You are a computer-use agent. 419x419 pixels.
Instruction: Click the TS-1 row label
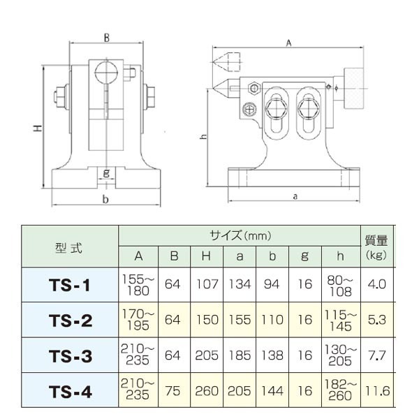click(70, 285)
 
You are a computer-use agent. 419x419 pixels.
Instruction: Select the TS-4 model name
click(70, 391)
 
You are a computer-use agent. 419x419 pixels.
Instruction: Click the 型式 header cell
click(70, 247)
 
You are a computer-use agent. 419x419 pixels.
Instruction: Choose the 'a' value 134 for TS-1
click(240, 285)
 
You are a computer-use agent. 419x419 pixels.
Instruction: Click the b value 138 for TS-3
click(272, 355)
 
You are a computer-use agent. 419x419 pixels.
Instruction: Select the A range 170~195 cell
click(138, 320)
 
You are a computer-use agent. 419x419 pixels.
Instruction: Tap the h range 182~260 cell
click(339, 391)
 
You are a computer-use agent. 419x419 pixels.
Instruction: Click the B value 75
click(174, 391)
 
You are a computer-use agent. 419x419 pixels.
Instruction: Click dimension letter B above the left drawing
click(105, 38)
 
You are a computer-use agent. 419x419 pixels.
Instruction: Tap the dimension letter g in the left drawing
click(105, 172)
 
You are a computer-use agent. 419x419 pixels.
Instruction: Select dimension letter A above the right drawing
click(288, 43)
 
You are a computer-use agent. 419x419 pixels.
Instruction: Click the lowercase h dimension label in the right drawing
click(202, 138)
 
